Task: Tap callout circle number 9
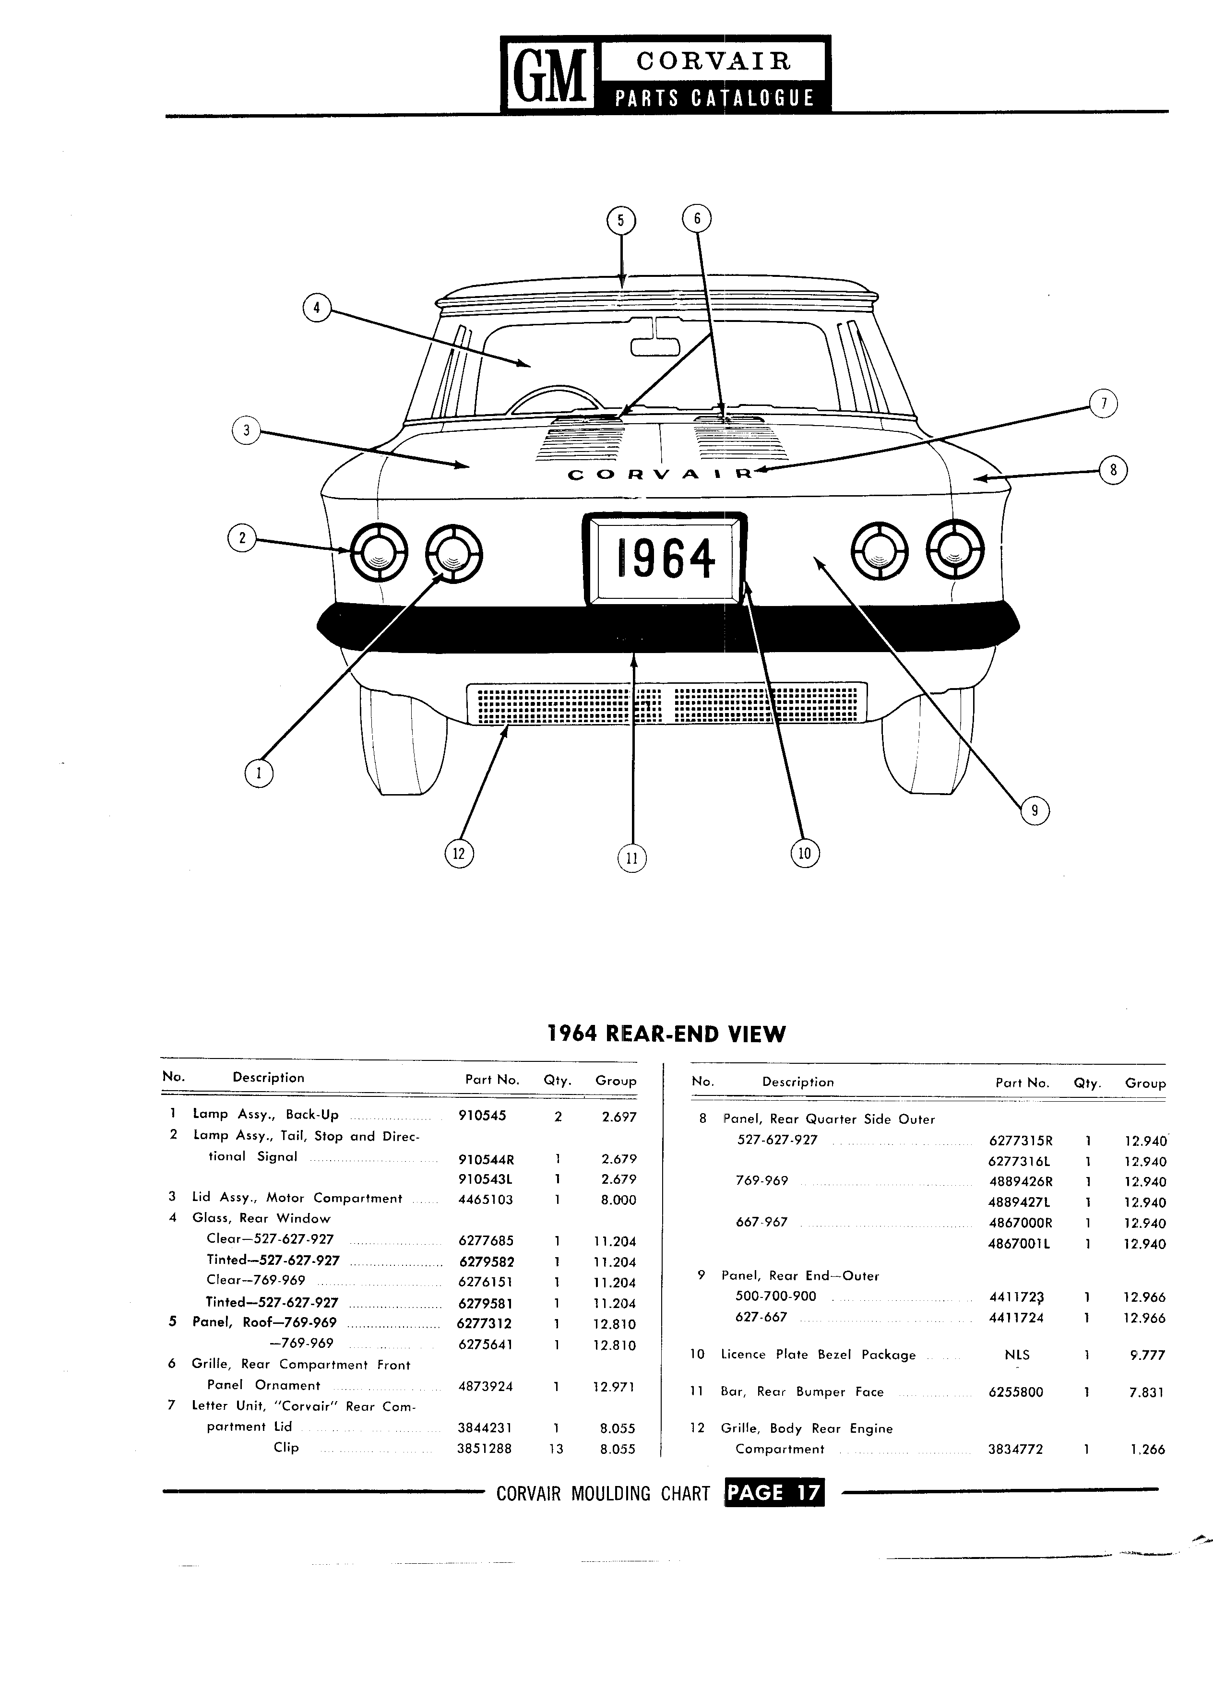coord(1035,811)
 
